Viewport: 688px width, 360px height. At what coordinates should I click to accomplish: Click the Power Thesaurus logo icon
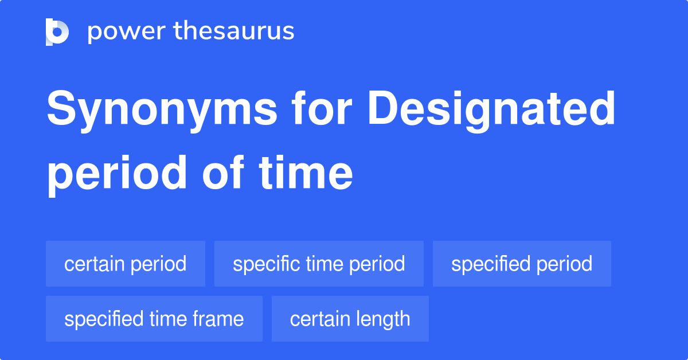[x=57, y=32]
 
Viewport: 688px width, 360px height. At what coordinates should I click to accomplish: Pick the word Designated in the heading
[x=491, y=110]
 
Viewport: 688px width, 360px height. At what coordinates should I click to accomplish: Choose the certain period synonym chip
[x=126, y=264]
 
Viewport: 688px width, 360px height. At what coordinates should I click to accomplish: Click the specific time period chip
[x=319, y=264]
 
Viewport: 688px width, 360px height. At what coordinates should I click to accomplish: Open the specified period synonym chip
[x=522, y=264]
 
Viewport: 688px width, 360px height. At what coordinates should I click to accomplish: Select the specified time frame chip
[x=154, y=319]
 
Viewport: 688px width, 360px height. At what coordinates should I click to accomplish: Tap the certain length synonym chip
[x=350, y=319]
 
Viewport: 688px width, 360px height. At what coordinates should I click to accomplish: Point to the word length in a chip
[x=382, y=319]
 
